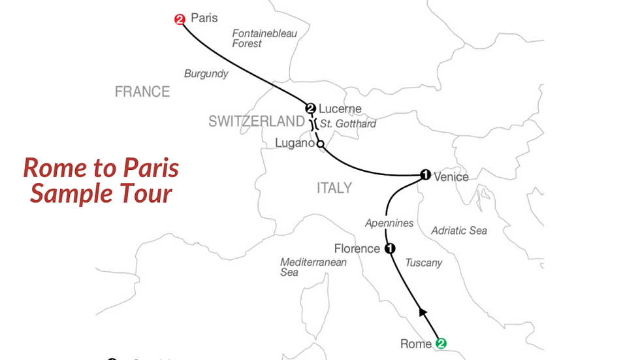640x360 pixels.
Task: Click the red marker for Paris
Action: coord(180,20)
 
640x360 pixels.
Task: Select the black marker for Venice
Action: coord(425,175)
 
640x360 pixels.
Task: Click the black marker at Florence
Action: coord(390,248)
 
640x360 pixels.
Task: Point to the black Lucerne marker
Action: coord(311,108)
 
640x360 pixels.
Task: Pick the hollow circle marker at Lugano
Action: coord(320,144)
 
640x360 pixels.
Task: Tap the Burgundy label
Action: coord(206,74)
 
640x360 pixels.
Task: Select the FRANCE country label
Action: coord(142,92)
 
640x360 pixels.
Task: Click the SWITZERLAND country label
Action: coord(257,122)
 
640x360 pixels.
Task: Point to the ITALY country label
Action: coord(334,188)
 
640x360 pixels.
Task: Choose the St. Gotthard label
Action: coord(348,123)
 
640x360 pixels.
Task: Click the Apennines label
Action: coord(389,223)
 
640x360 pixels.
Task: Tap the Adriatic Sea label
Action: coord(459,231)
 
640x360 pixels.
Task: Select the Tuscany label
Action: coord(424,263)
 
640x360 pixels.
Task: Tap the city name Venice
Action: coord(451,177)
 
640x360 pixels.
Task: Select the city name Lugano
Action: coord(294,143)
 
